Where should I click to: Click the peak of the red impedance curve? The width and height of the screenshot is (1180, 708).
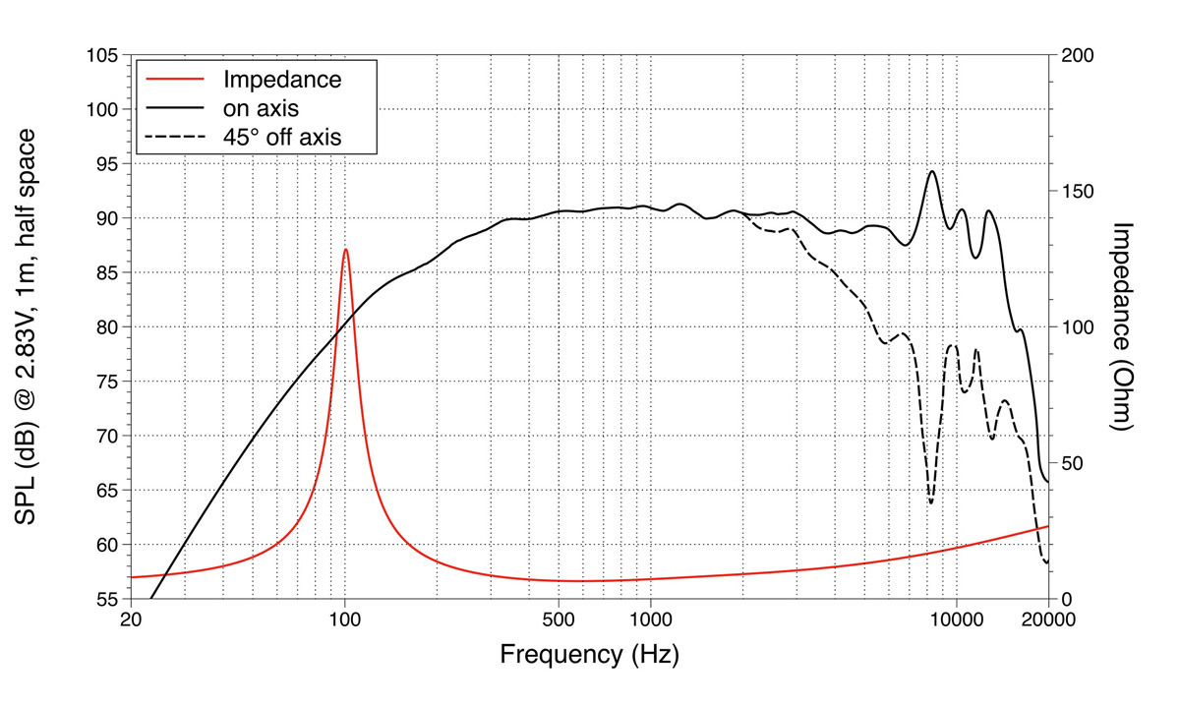(x=345, y=250)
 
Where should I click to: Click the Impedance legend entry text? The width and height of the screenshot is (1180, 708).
(x=282, y=79)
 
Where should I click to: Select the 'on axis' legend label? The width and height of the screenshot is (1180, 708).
(x=261, y=107)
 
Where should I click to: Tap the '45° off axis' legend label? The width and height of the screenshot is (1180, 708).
(x=282, y=137)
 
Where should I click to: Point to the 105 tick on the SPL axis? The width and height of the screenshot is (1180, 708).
(x=102, y=55)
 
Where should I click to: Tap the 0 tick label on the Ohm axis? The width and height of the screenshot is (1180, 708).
(x=1066, y=600)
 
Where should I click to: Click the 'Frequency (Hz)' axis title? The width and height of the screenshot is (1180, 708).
(x=589, y=654)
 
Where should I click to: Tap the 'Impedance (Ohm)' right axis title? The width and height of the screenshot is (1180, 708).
(x=1126, y=326)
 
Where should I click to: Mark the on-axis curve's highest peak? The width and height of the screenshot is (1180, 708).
(x=931, y=171)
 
